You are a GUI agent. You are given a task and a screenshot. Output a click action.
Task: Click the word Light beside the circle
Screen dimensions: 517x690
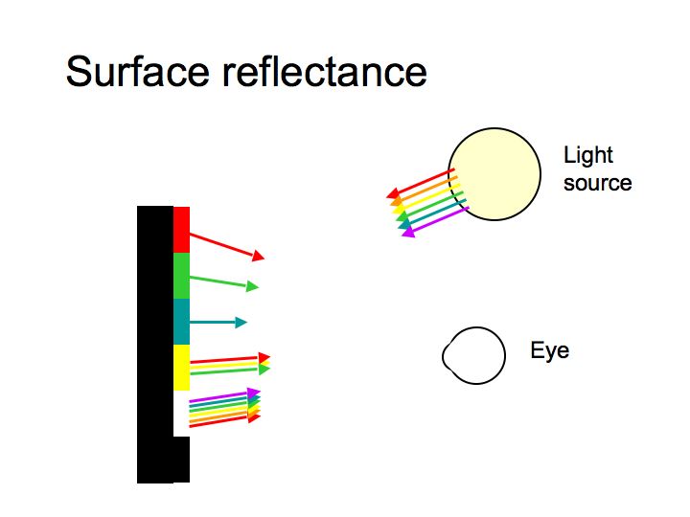(x=588, y=155)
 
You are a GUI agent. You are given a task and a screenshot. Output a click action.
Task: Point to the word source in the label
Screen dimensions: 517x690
(x=597, y=182)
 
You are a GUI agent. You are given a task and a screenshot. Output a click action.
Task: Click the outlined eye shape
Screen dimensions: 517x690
(x=473, y=356)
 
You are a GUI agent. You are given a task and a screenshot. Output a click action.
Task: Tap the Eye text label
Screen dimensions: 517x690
(x=549, y=350)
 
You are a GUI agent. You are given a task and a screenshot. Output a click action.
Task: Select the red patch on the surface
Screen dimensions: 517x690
(x=181, y=230)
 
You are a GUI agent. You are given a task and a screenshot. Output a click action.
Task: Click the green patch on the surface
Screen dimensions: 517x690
(x=181, y=276)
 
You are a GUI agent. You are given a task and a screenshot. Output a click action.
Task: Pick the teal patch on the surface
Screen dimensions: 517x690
(x=181, y=322)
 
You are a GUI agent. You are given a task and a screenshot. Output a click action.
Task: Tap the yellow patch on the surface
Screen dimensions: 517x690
(x=181, y=368)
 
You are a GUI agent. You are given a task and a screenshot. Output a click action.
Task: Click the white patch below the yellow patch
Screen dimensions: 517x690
(x=181, y=413)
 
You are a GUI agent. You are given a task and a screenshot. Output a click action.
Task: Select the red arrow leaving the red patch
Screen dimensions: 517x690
(x=226, y=245)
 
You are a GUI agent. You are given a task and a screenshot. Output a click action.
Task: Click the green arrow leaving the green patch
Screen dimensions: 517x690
(x=224, y=281)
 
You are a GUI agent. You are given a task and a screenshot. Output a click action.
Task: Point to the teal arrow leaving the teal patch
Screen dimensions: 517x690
(x=218, y=322)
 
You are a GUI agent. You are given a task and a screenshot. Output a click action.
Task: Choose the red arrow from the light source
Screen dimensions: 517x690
(x=421, y=185)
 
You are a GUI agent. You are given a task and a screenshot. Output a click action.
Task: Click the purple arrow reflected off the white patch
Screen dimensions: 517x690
(x=225, y=396)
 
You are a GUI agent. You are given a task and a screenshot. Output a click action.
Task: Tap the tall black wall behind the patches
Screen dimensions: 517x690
(x=154, y=345)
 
